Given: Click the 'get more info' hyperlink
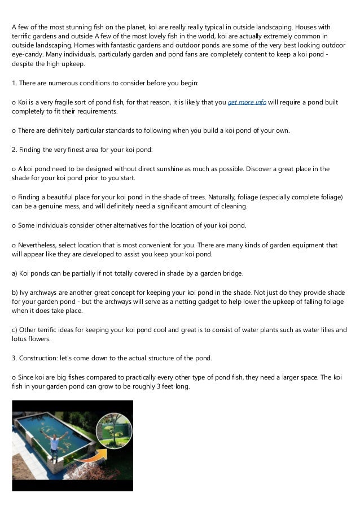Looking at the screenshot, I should click(247, 103).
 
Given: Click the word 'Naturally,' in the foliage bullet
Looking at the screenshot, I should click(224, 198).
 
